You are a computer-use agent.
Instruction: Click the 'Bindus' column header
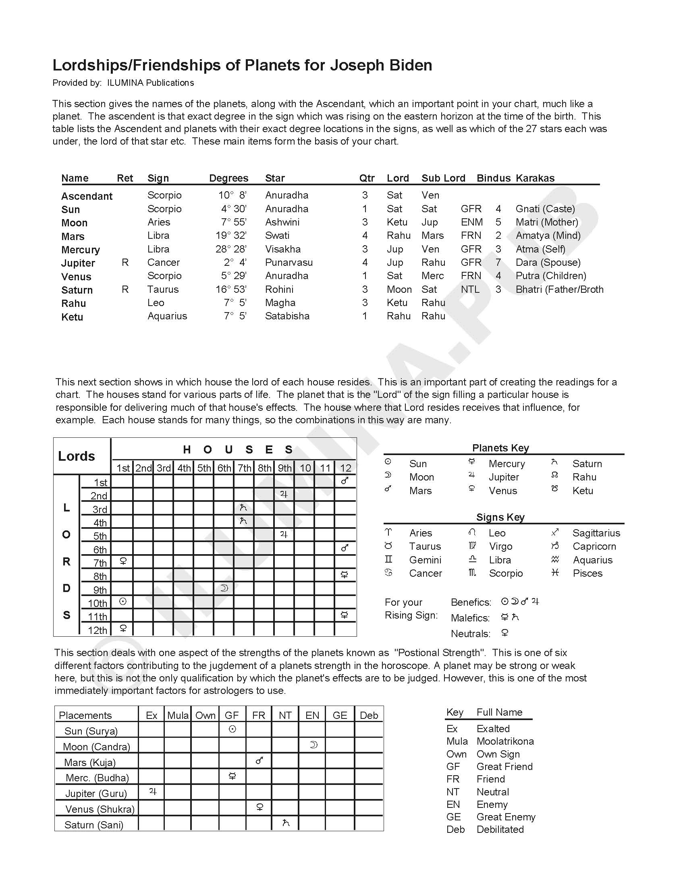(493, 178)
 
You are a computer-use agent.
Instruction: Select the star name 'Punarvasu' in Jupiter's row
(289, 263)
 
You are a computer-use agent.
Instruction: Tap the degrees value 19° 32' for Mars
(231, 236)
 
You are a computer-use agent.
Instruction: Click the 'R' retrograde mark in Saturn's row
(125, 289)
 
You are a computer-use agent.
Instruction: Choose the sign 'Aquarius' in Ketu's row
(167, 316)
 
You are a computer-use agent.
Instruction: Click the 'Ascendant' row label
(87, 197)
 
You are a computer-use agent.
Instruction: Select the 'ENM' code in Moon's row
(471, 222)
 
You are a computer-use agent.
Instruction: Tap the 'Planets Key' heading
(500, 448)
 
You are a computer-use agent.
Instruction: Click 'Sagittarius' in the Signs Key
(596, 533)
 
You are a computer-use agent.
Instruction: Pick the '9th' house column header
(284, 468)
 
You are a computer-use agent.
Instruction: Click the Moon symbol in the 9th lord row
(224, 588)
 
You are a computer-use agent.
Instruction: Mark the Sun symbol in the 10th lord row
(123, 602)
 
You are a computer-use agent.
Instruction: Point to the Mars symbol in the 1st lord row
(345, 481)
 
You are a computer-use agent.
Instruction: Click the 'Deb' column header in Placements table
(368, 715)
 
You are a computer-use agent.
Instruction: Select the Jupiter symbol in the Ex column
(153, 791)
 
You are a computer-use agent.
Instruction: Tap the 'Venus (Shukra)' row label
(100, 809)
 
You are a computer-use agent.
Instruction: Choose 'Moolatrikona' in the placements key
(505, 741)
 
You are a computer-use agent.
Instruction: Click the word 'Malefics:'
(470, 618)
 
